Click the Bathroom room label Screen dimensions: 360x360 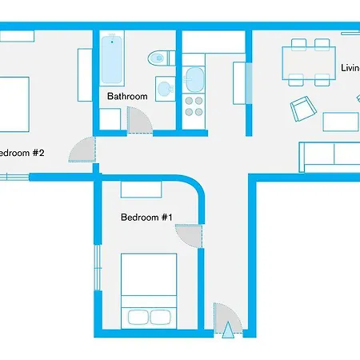pos(128,97)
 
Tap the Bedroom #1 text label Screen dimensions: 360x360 pos(147,217)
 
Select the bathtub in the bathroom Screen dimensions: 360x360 pos(113,60)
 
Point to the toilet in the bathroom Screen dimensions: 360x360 pos(161,58)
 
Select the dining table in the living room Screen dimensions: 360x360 pos(307,62)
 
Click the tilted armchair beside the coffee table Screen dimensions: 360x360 pos(302,108)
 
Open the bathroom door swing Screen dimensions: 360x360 pos(140,121)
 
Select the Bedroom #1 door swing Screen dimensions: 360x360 pos(189,238)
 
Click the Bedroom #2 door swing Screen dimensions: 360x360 pos(82,150)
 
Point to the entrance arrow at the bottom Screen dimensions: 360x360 pos(229,330)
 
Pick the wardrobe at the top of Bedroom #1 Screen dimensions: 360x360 pos(142,190)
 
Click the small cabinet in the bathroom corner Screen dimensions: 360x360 pos(111,119)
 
